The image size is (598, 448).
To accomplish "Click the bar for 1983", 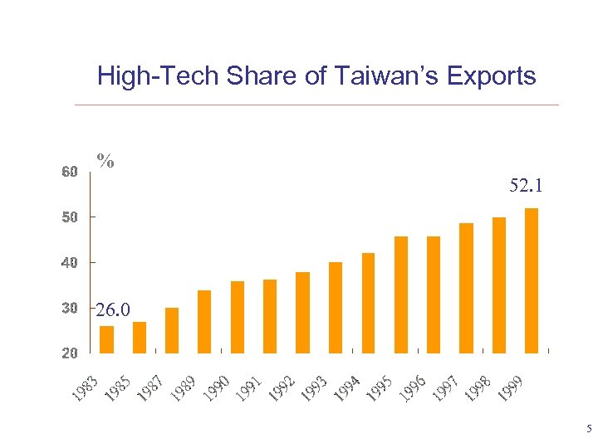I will coord(106,339).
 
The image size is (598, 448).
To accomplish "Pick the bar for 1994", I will coord(368,303).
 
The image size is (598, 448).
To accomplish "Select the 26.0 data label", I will coord(112,311).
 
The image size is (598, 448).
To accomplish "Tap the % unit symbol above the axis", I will coord(105,160).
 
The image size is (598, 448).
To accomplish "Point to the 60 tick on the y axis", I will coord(70,173).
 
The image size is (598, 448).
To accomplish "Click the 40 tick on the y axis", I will coord(70,263).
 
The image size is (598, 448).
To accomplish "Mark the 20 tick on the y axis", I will coord(70,353).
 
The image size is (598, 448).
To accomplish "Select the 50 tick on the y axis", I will coord(70,217).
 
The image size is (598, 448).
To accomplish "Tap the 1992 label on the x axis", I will coord(282,387).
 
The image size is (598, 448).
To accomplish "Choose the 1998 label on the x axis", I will coord(478,387).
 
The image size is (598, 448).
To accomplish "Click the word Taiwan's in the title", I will coord(378,76).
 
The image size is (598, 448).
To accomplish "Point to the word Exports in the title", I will coord(489,76).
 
